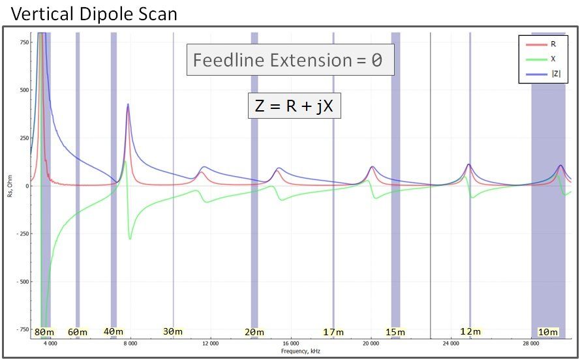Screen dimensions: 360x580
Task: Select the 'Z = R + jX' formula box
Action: coord(294,105)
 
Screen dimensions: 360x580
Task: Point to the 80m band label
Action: coord(44,332)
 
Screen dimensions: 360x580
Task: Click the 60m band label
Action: coord(77,332)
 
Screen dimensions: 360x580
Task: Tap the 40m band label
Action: coord(113,331)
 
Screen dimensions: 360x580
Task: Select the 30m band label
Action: coord(172,331)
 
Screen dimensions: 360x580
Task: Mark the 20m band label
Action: coord(254,332)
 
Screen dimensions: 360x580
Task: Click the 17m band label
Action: coord(333,332)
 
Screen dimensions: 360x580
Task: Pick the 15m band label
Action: coord(395,332)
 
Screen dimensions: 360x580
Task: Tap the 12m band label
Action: coord(470,331)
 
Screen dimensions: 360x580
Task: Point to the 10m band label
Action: coord(547,332)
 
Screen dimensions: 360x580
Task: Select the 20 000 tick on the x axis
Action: coord(371,343)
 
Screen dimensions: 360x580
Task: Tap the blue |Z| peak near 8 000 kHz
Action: coord(128,104)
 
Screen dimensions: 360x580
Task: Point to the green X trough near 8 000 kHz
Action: coord(130,239)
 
